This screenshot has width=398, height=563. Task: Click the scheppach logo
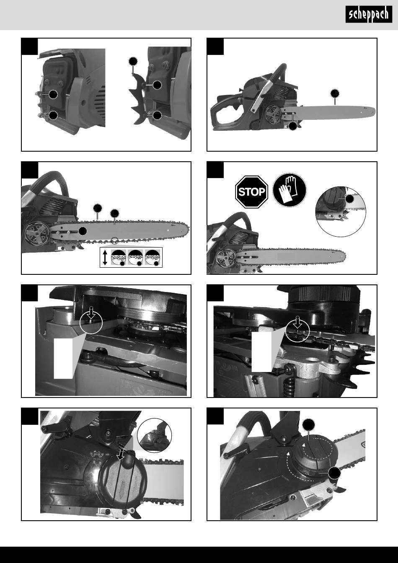pos(369,14)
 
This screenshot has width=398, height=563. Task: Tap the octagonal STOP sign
pos(251,192)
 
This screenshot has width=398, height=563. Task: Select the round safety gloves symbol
pos(289,190)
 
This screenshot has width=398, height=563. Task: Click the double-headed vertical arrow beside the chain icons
pos(105,258)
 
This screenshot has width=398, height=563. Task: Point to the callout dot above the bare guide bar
pos(335,93)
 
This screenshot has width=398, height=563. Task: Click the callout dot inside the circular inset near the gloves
pos(349,199)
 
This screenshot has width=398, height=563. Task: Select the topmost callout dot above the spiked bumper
pos(133,61)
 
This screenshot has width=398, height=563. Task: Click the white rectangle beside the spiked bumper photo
pos(262,351)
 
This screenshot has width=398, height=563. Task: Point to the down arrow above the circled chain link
pos(298,322)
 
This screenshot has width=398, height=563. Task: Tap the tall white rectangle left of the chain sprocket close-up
pos(63,358)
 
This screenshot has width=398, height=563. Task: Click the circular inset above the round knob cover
pos(154,436)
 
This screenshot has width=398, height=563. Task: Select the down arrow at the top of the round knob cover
pos(121,454)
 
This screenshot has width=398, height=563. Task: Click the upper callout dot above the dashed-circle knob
pos(308,424)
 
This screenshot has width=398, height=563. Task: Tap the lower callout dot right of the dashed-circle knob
pos(335,473)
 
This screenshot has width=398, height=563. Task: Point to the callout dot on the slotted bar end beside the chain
pos(83,231)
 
